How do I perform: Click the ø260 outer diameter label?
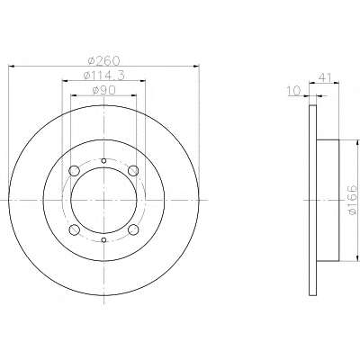pyautogui.click(x=103, y=60)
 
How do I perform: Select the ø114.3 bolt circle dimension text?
pyautogui.click(x=103, y=76)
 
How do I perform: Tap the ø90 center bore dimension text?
pyautogui.click(x=103, y=90)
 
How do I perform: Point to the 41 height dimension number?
pyautogui.click(x=324, y=77)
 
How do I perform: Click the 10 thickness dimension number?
pyautogui.click(x=293, y=91)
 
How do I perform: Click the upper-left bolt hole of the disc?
pyautogui.click(x=74, y=171)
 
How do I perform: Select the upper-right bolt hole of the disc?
pyautogui.click(x=133, y=171)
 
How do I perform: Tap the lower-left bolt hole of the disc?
pyautogui.click(x=74, y=229)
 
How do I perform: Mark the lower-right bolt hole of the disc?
pyautogui.click(x=133, y=229)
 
